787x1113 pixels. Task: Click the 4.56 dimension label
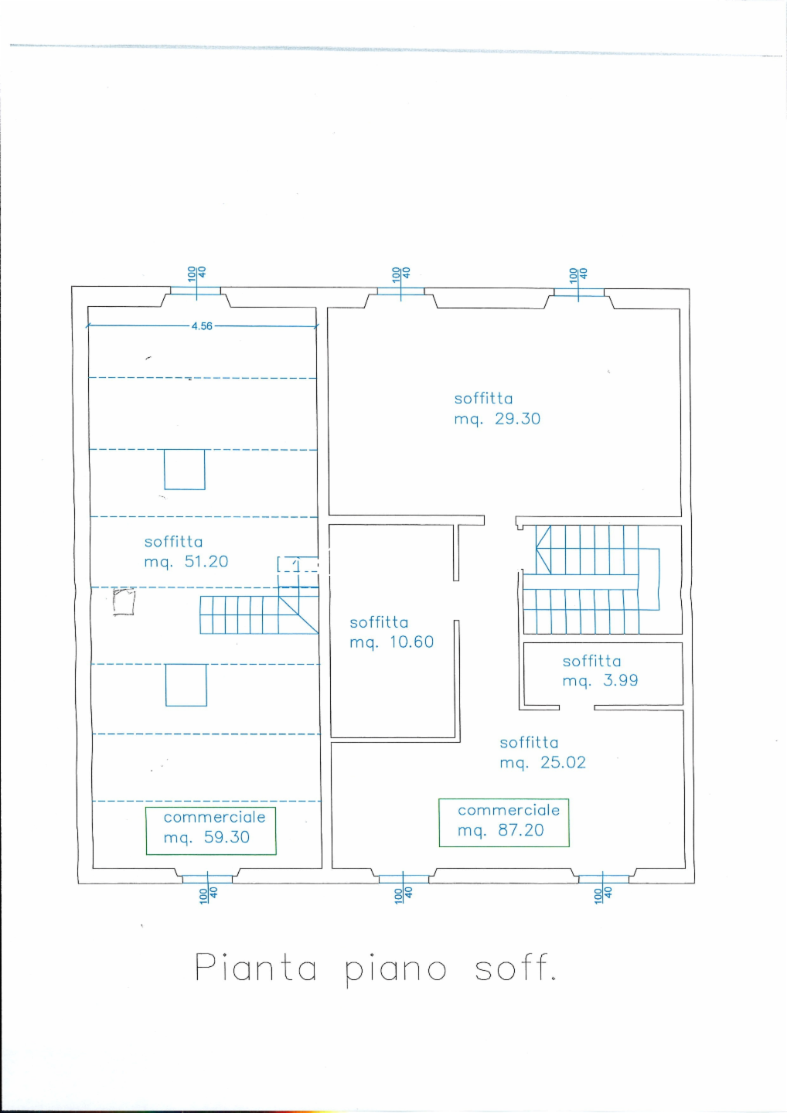(x=202, y=326)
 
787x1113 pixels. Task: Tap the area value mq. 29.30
(x=497, y=419)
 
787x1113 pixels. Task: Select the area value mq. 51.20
(x=186, y=562)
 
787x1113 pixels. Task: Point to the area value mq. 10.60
(x=391, y=642)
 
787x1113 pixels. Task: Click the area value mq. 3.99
(x=600, y=680)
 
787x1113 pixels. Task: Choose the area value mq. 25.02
(x=543, y=762)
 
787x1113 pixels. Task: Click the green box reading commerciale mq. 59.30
(x=211, y=831)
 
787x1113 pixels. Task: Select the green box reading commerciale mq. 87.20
(x=504, y=823)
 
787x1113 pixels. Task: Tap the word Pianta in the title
(x=255, y=967)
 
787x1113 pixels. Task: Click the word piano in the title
(x=396, y=970)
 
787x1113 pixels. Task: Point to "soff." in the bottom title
(x=515, y=966)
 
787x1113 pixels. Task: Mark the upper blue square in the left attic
(x=184, y=470)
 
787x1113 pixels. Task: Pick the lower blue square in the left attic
(x=186, y=685)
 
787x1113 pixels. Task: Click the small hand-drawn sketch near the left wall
(x=124, y=601)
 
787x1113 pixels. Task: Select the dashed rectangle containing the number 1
(x=298, y=564)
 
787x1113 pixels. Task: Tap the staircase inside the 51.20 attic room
(x=259, y=614)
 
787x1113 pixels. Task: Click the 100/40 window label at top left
(x=196, y=274)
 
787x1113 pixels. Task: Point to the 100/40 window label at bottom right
(x=603, y=894)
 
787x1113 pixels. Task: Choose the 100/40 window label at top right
(x=577, y=274)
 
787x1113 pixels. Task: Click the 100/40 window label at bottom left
(x=208, y=895)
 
